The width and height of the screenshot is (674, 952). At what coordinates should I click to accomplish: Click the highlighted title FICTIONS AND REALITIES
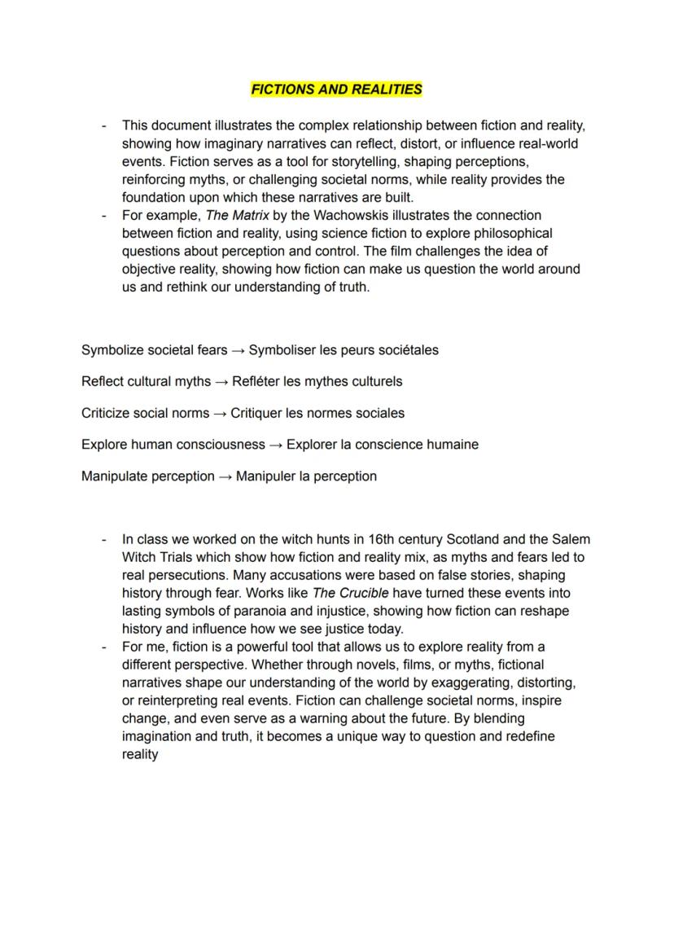(336, 90)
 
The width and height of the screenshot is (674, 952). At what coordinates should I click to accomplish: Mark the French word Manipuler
(267, 476)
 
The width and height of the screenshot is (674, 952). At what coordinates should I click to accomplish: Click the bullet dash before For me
(103, 647)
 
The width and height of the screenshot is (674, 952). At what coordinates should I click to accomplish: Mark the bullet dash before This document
(103, 125)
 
